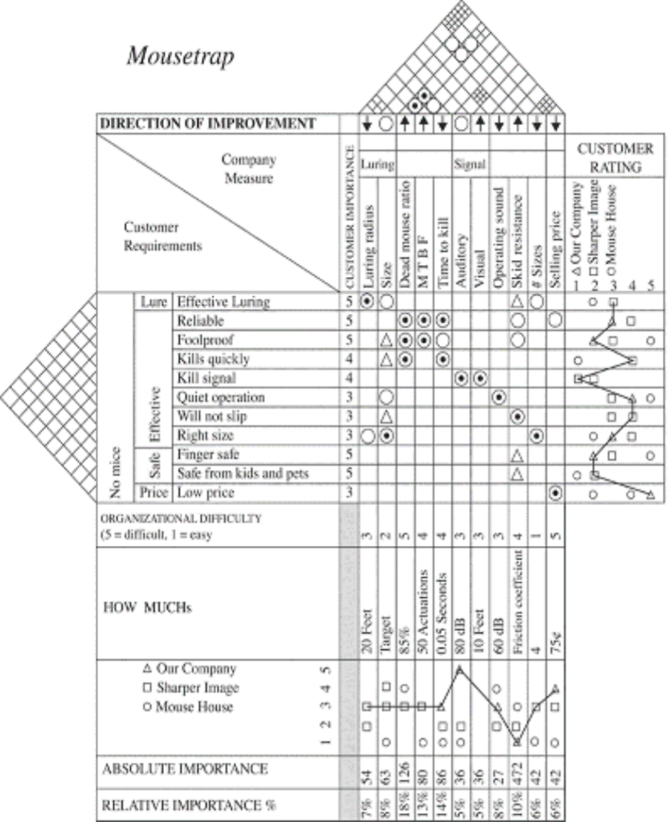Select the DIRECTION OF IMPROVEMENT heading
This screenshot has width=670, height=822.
(206, 124)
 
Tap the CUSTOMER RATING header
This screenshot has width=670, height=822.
(615, 158)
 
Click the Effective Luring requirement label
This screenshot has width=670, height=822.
(223, 303)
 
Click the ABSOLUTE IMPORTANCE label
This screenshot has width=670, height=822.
(185, 768)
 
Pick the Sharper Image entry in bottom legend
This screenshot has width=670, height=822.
(190, 688)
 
